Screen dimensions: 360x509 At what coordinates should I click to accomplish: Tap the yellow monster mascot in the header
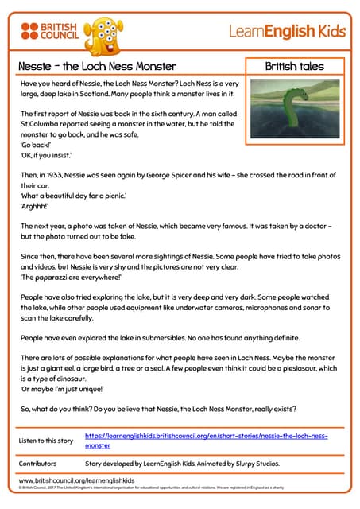pyautogui.click(x=103, y=32)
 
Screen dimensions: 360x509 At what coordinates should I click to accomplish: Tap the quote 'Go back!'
pyautogui.click(x=33, y=155)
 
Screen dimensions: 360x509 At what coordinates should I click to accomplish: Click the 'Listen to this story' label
pyautogui.click(x=47, y=441)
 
